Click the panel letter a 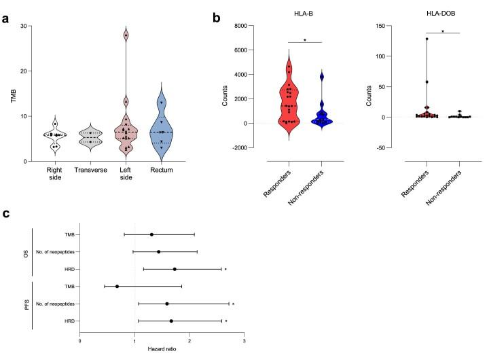(5, 9)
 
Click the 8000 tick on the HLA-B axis (248, 26)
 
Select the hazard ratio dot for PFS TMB (117, 287)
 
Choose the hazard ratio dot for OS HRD (175, 269)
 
